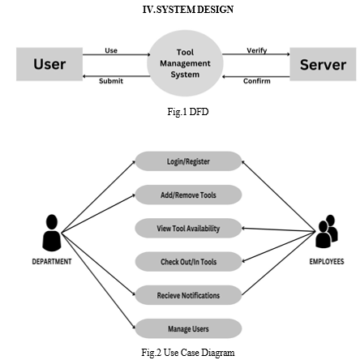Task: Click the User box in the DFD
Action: (49, 64)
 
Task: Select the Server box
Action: (323, 64)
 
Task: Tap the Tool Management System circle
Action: (185, 63)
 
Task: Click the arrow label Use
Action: (111, 50)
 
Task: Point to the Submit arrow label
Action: (111, 81)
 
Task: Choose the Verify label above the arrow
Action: (257, 50)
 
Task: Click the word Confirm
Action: (257, 81)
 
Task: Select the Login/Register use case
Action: (188, 161)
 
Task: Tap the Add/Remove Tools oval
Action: (188, 195)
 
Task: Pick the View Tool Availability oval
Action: (188, 229)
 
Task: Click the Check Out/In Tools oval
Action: (188, 262)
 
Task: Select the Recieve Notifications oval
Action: (188, 295)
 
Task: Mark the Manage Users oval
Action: (188, 328)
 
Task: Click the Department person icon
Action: (52, 233)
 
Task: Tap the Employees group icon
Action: (327, 231)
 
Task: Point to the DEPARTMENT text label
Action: (52, 262)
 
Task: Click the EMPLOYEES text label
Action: (327, 262)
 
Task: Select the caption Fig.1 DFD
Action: (188, 112)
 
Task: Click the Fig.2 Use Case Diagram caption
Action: (188, 353)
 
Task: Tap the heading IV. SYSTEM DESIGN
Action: (188, 10)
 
